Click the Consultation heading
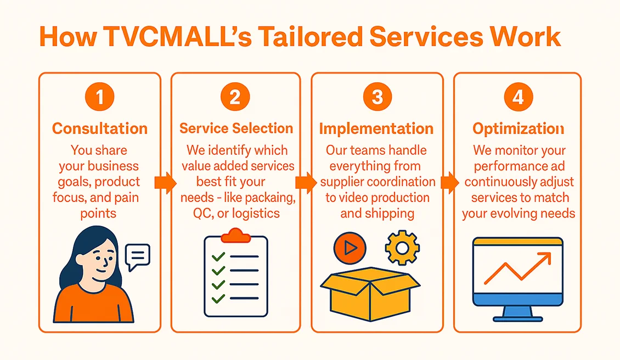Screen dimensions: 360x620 [100, 128]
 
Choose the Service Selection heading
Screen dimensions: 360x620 [236, 128]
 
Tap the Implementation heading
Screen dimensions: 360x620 [376, 128]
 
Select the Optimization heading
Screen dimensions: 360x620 [518, 128]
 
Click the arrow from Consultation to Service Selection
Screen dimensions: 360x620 [165, 182]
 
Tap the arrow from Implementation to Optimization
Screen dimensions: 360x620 [449, 182]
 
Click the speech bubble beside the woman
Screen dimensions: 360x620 [137, 256]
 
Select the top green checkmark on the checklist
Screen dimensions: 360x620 [218, 256]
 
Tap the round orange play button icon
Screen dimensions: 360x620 [350, 248]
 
